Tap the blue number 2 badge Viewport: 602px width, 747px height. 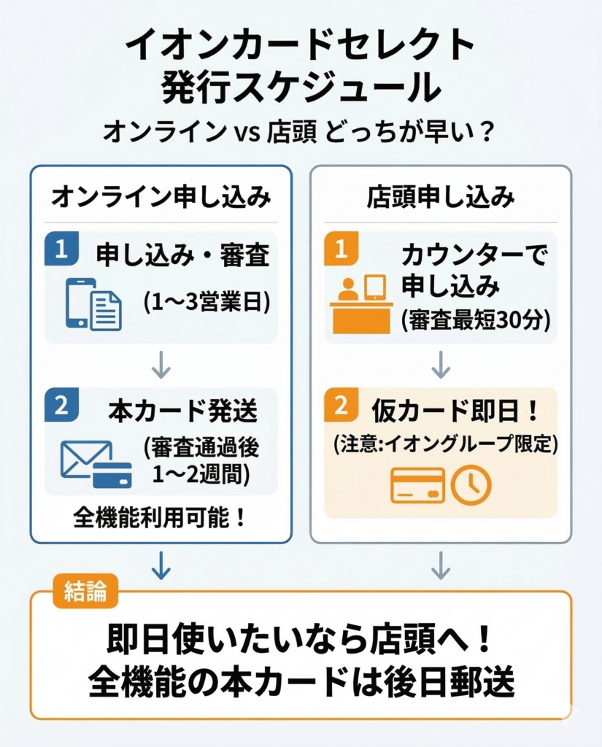pyautogui.click(x=61, y=406)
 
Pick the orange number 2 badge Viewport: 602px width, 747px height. pyautogui.click(x=341, y=406)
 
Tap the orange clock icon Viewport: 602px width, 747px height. pyautogui.click(x=471, y=484)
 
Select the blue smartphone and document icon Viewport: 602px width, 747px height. pyautogui.click(x=93, y=303)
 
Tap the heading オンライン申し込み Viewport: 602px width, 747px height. pyautogui.click(x=161, y=197)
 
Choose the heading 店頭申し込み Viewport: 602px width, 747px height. pyautogui.click(x=440, y=197)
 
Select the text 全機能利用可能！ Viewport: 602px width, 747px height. pyautogui.click(x=160, y=518)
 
